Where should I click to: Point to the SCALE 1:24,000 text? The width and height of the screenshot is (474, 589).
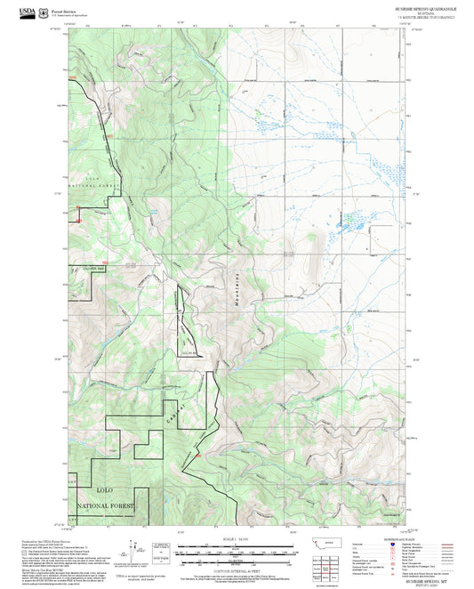point(237,540)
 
